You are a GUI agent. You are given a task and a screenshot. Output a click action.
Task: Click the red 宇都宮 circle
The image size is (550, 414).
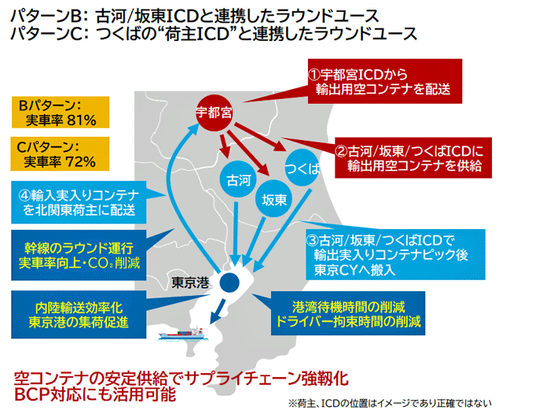tap(214, 113)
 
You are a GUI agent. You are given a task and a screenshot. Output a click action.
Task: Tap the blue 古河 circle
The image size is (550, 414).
tap(239, 179)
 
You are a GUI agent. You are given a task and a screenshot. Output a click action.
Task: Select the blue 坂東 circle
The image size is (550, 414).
tap(273, 199)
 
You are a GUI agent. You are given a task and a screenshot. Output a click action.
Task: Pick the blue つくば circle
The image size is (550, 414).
tap(302, 168)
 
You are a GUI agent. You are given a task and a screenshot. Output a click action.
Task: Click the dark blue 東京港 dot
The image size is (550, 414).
tap(229, 283)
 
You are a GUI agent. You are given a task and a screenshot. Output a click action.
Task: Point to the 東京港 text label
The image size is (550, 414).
tap(190, 283)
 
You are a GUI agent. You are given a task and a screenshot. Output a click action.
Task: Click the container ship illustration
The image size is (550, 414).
tap(182, 334)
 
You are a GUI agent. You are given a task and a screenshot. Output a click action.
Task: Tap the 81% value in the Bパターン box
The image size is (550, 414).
tap(82, 120)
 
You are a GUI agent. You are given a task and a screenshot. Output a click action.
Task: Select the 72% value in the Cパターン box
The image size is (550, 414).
tap(80, 162)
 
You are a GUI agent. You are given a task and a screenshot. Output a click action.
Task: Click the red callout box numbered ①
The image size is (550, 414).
tap(385, 81)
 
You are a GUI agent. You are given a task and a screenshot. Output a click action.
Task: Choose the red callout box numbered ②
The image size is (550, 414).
tap(413, 157)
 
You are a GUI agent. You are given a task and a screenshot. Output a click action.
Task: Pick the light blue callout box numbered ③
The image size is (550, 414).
tap(395, 254)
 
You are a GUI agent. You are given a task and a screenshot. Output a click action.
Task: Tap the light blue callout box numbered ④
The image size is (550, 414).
tap(79, 202)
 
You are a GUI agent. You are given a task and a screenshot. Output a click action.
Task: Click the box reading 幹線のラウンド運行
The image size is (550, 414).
tap(79, 255)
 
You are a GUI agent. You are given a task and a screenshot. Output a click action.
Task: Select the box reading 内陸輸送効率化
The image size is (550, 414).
tap(79, 315)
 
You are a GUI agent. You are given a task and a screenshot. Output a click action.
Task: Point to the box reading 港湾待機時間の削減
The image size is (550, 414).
tap(348, 313)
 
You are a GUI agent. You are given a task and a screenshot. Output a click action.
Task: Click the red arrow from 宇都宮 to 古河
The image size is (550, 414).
tap(225, 146)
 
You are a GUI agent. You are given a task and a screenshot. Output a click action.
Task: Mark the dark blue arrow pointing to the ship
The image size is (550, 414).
tap(218, 311)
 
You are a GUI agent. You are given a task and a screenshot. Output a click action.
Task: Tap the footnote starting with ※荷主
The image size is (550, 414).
tap(390, 403)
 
